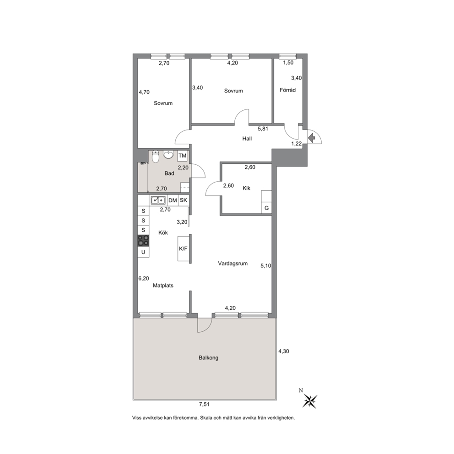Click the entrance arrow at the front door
[312, 138]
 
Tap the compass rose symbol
[310, 401]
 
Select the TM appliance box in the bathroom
[183, 156]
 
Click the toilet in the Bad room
[156, 157]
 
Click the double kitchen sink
[158, 200]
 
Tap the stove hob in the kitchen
[143, 241]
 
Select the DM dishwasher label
[173, 200]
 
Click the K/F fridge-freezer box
[184, 249]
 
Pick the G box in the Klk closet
[267, 208]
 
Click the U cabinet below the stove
[143, 252]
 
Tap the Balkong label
[209, 358]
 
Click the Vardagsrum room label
[233, 264]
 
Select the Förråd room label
[287, 90]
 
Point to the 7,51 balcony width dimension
[204, 405]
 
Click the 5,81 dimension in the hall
[263, 129]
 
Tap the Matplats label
[163, 286]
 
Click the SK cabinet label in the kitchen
[184, 200]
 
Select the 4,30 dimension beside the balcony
[284, 351]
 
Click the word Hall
[247, 139]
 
